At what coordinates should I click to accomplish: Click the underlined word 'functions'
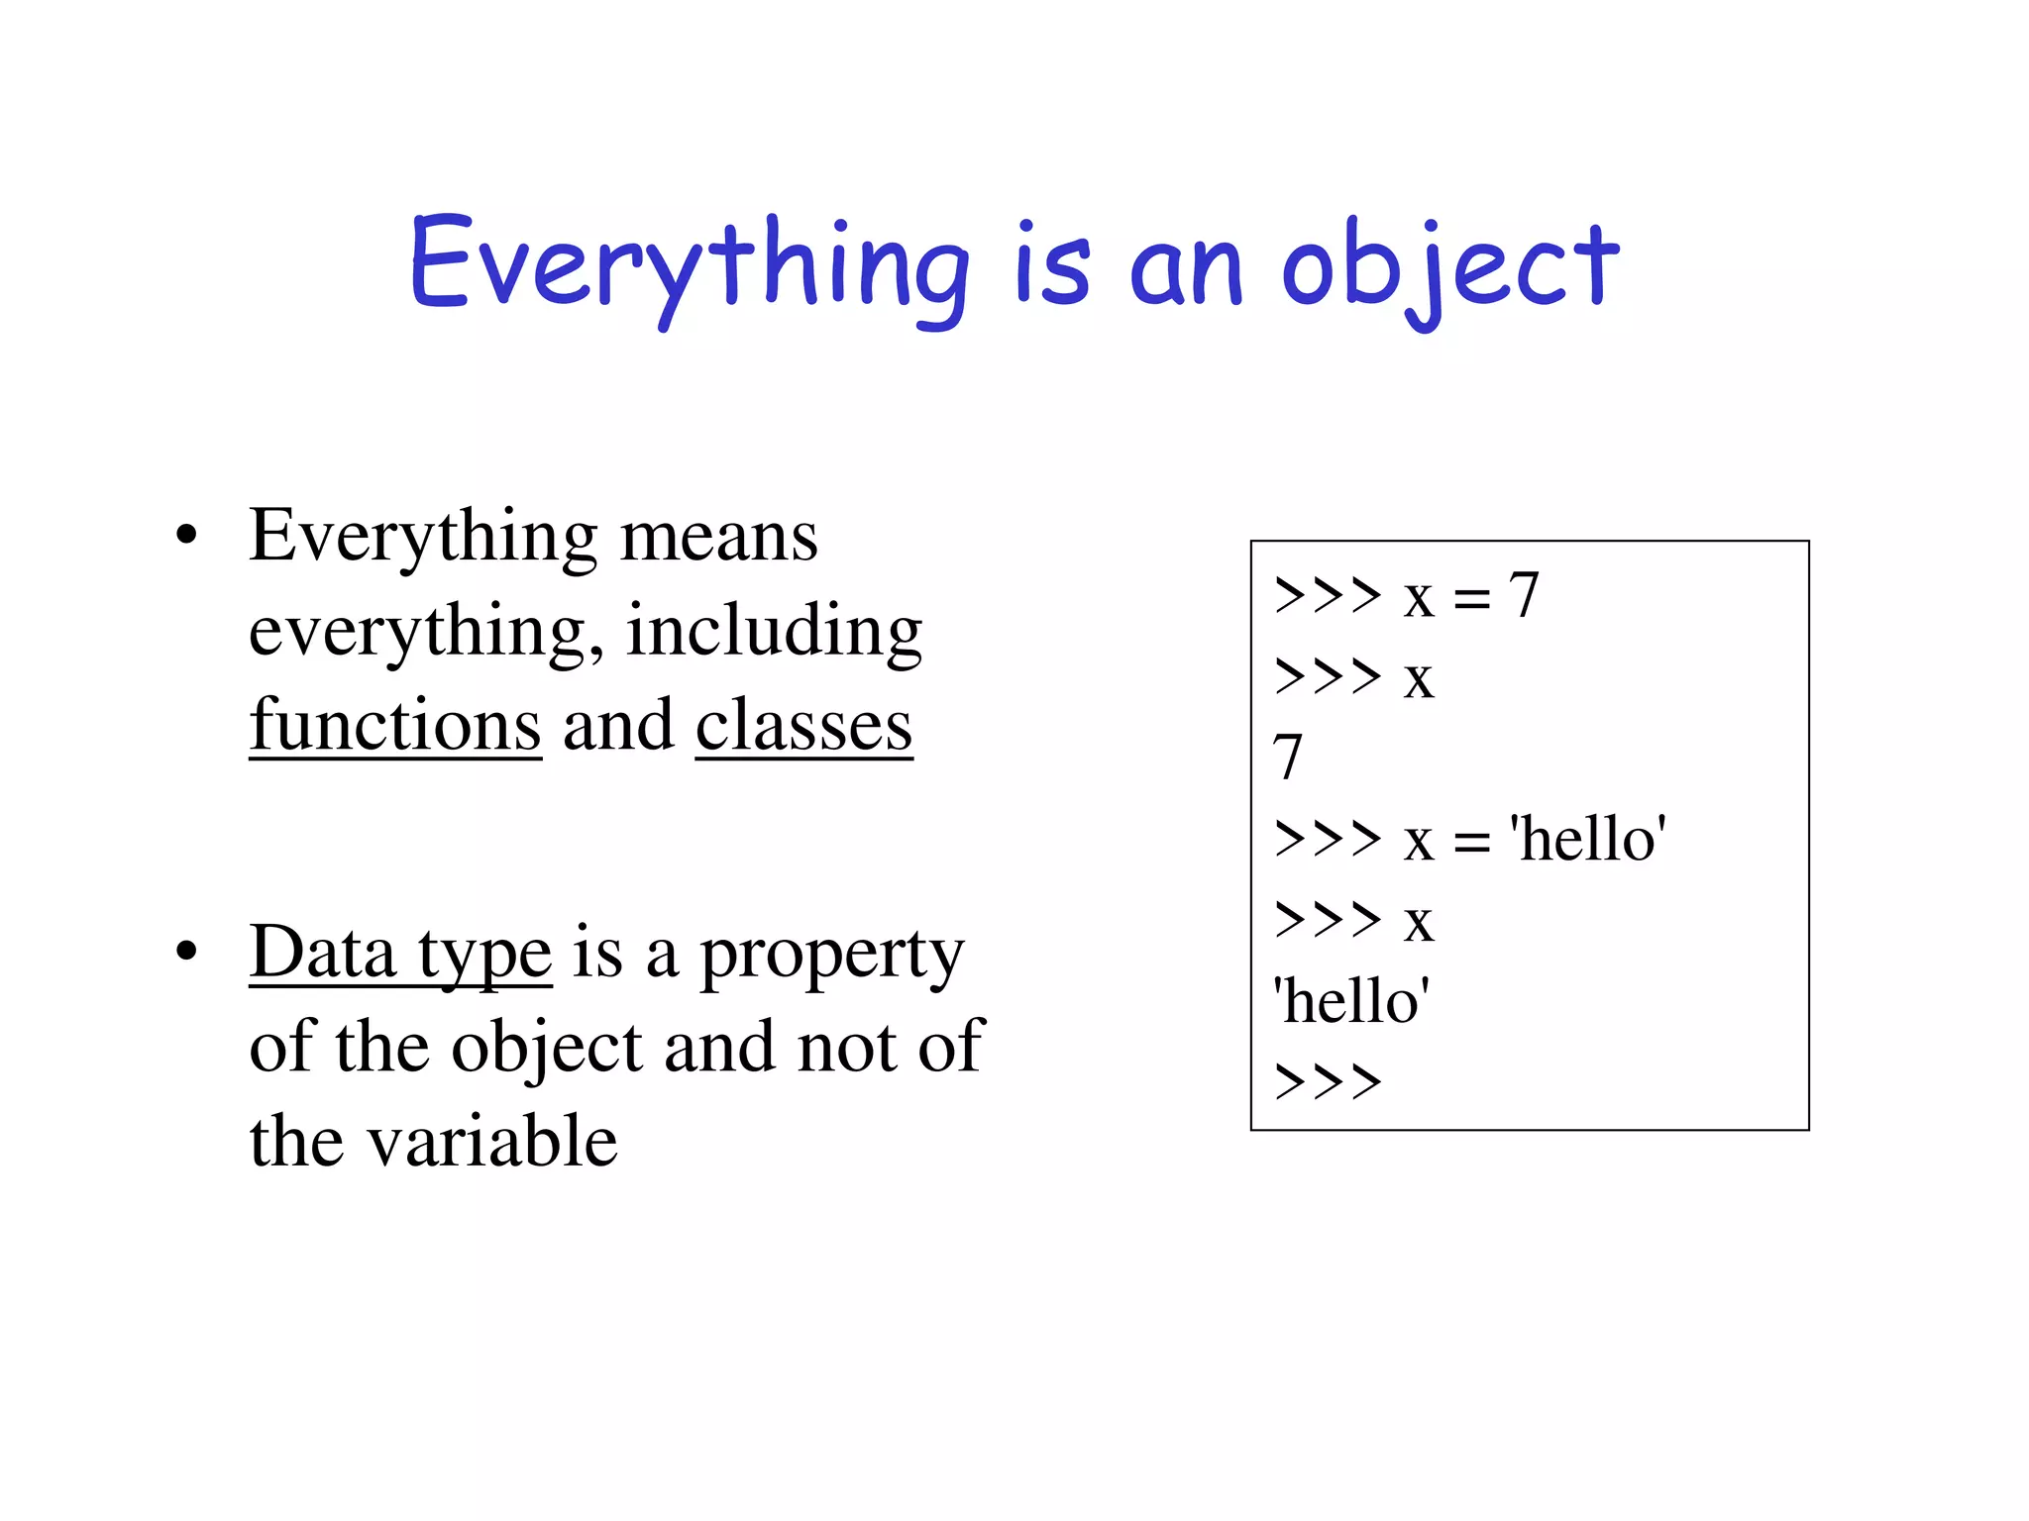pos(395,725)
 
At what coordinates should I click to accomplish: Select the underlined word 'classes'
pos(803,725)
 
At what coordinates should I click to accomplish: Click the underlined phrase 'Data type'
pos(400,953)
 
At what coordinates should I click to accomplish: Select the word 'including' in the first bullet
pos(774,631)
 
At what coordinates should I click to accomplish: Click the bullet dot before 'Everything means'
pos(186,537)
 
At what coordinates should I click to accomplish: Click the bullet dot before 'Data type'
pos(186,953)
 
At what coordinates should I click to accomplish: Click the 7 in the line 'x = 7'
pos(1523,596)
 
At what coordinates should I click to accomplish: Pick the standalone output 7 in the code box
pos(1287,759)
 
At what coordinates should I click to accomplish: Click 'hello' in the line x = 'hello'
pos(1587,840)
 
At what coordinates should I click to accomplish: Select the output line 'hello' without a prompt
pos(1351,1001)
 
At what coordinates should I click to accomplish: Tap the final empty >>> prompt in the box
pos(1328,1082)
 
